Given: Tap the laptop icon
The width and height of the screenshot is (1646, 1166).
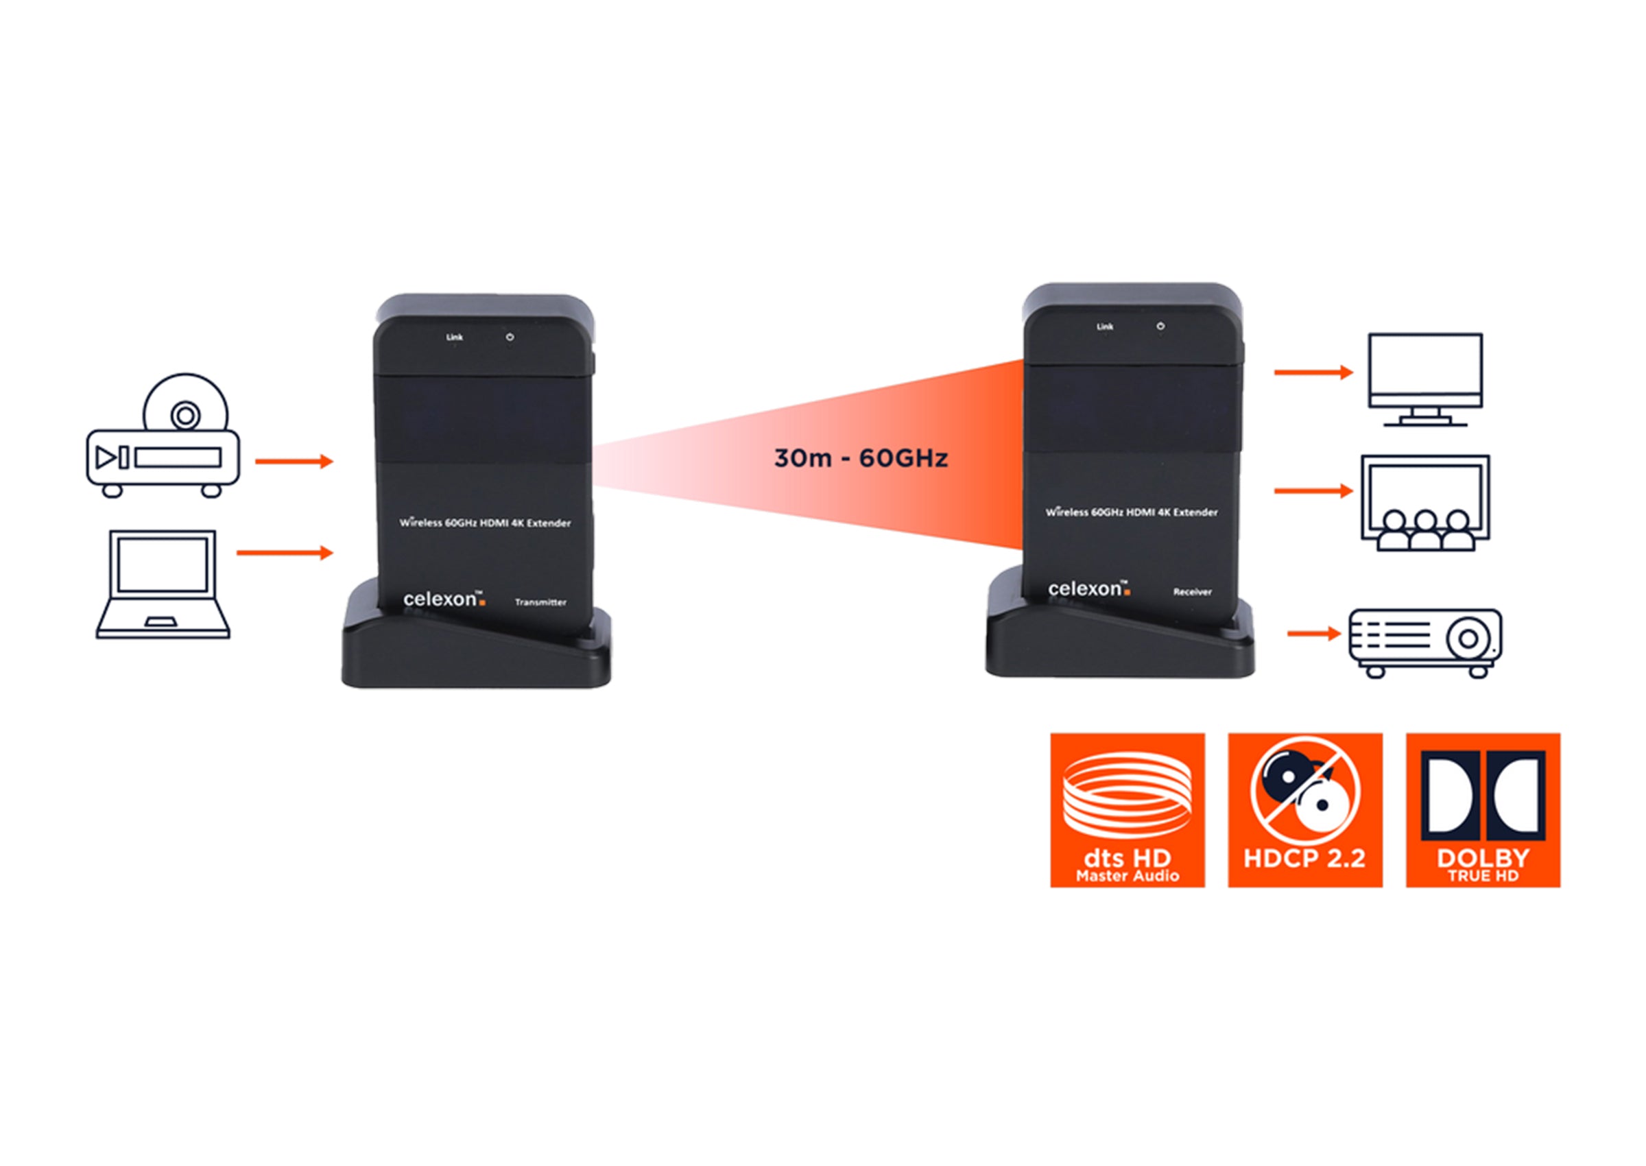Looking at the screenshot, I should [163, 584].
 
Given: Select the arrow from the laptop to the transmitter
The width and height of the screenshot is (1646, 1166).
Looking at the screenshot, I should [285, 552].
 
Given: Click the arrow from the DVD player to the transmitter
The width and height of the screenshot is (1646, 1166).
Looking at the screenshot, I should [294, 461].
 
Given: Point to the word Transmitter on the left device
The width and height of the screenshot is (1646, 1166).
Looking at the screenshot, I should [540, 602].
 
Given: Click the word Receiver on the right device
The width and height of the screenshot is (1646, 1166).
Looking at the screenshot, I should [1193, 592].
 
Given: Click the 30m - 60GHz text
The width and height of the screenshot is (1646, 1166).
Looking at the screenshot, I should [861, 458].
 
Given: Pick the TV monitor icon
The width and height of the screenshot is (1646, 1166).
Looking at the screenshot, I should [1425, 379].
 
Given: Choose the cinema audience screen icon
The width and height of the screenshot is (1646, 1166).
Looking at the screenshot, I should [1425, 503].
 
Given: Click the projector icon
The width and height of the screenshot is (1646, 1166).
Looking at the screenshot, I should [1425, 641].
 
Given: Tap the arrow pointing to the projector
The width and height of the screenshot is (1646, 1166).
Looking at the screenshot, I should [1313, 633].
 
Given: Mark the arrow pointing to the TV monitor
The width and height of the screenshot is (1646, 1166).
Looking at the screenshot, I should [1313, 372].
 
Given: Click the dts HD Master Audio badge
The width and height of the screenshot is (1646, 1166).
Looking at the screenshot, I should [1127, 810].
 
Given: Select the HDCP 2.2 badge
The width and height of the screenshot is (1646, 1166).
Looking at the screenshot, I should [1304, 810].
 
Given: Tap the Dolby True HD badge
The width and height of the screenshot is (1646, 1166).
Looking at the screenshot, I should [1482, 810].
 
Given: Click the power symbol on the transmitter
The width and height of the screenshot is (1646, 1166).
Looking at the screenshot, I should [510, 337].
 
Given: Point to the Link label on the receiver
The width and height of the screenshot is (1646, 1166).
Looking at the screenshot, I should [1105, 326].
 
